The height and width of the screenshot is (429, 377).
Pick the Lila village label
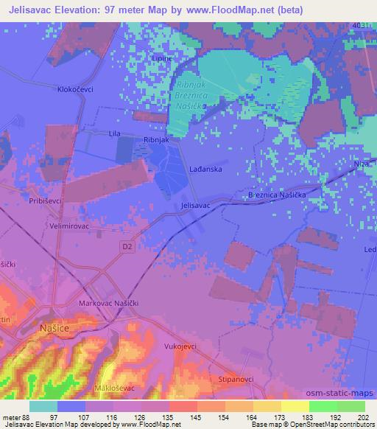pos(114,134)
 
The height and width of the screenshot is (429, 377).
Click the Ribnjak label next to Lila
pos(156,139)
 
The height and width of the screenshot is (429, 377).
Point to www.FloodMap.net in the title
pos(232,10)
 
